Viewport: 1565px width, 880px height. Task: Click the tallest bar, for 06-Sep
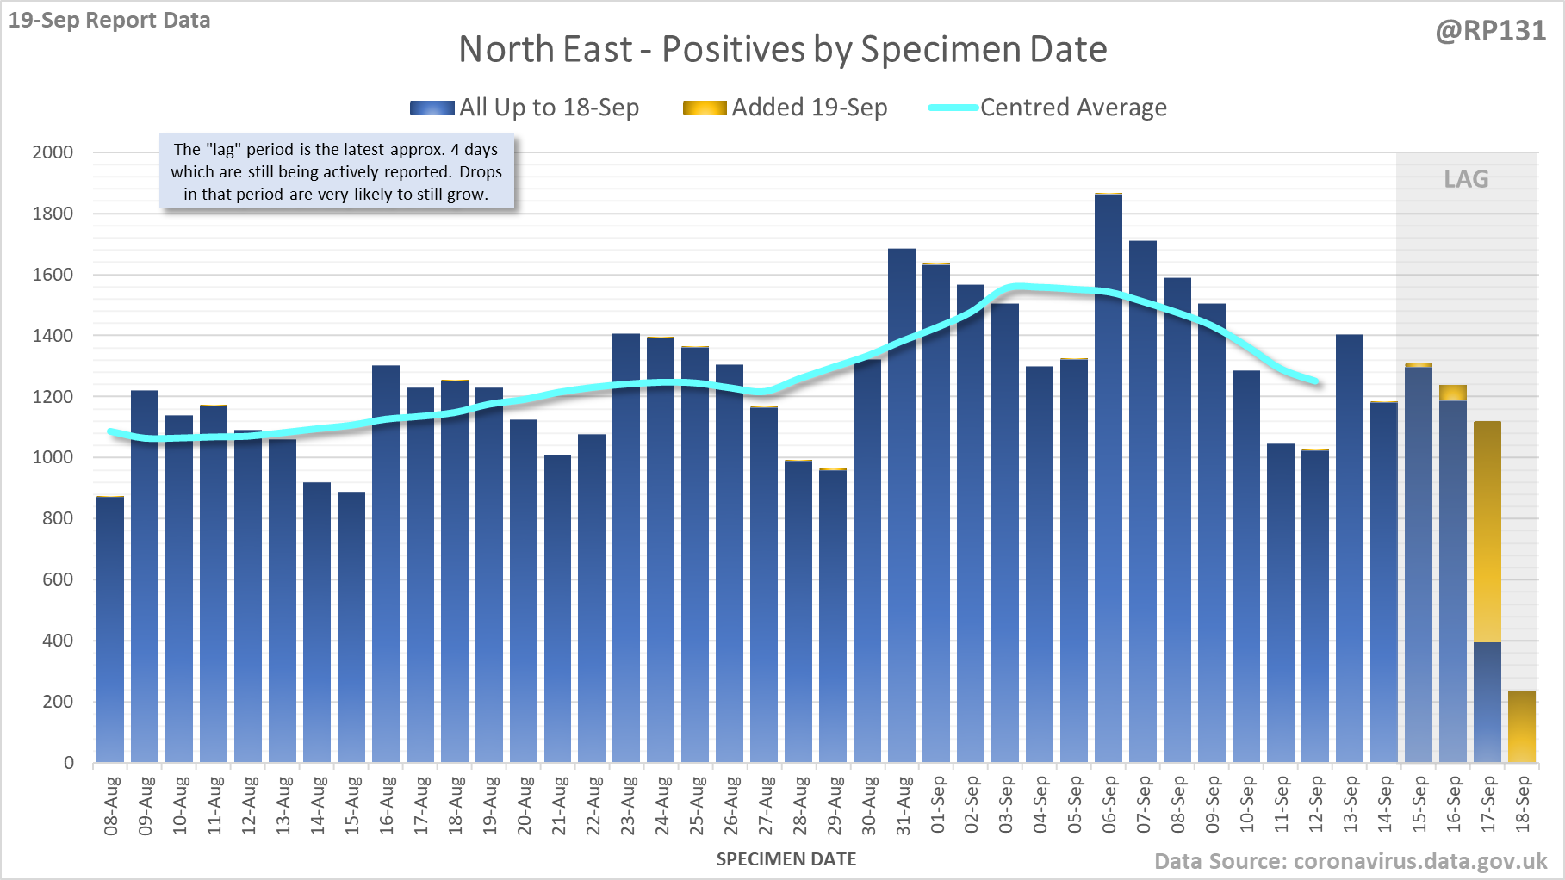1109,478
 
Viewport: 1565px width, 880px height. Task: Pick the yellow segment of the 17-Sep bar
1487,531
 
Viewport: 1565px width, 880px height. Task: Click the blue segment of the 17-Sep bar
1487,702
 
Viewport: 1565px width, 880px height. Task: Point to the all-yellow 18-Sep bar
1522,727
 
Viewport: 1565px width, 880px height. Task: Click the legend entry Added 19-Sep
785,108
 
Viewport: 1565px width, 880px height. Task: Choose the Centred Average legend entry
1047,108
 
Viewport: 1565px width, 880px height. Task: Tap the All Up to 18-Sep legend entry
525,108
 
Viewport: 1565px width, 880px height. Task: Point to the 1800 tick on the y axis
53,214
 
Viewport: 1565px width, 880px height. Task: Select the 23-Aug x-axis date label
628,805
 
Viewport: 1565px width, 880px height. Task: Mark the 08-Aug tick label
111,805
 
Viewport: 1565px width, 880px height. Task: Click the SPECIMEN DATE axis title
786,859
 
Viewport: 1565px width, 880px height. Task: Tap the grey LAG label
1466,179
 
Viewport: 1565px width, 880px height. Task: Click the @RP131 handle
1490,31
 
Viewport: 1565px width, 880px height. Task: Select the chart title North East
782,49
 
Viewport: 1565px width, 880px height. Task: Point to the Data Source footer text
1351,861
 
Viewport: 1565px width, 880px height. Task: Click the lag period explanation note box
337,172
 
